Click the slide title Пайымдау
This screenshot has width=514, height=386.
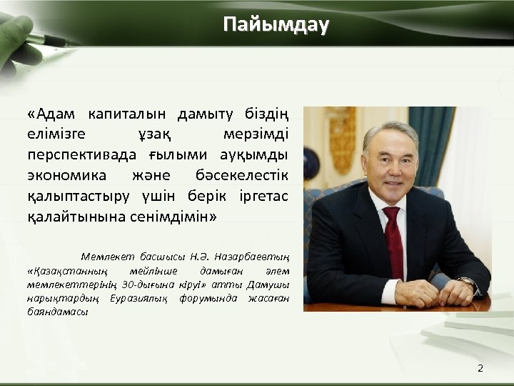click(276, 25)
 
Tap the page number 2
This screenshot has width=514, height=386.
click(480, 368)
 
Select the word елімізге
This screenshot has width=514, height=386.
click(56, 134)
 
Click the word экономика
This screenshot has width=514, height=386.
click(67, 174)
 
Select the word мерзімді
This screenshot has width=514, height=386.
click(251, 134)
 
